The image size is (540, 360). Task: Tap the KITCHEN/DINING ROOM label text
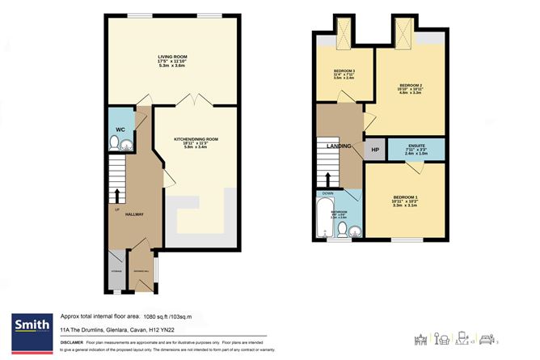tap(196, 139)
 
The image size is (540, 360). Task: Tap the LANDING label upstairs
tap(338, 146)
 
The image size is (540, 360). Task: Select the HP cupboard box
tap(374, 150)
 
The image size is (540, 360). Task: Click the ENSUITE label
tap(416, 146)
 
